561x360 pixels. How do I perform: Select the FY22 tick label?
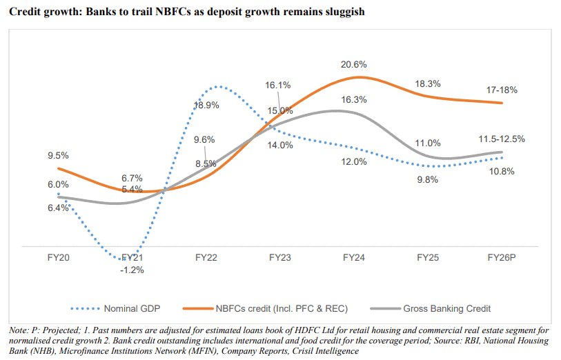pyautogui.click(x=206, y=258)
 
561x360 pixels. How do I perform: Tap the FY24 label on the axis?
pyautogui.click(x=354, y=258)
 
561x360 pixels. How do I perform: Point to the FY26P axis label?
pyautogui.click(x=502, y=258)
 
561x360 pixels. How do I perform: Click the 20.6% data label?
pyautogui.click(x=354, y=64)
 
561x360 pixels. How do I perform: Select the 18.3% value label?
pyautogui.click(x=428, y=83)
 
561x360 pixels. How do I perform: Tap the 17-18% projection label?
pyautogui.click(x=502, y=90)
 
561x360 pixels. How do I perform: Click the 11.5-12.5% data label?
pyautogui.click(x=501, y=139)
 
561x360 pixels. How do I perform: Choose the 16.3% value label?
pyautogui.click(x=354, y=99)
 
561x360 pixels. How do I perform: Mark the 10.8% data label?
pyautogui.click(x=502, y=171)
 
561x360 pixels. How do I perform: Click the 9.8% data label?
pyautogui.click(x=428, y=181)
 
